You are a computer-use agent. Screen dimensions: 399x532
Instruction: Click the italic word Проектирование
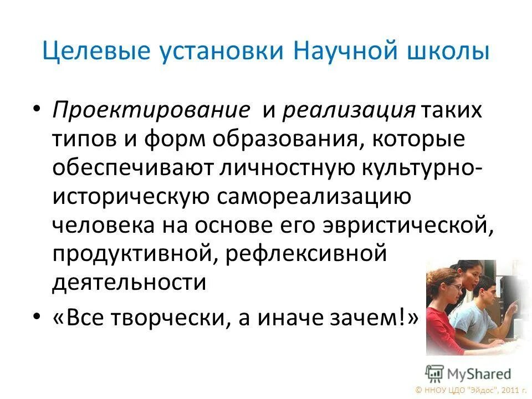151,109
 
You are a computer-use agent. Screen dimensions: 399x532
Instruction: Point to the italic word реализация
349,109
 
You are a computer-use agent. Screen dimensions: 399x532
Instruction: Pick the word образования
277,138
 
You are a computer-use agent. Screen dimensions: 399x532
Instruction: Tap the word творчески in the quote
169,319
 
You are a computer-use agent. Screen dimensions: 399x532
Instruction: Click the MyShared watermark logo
468,373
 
